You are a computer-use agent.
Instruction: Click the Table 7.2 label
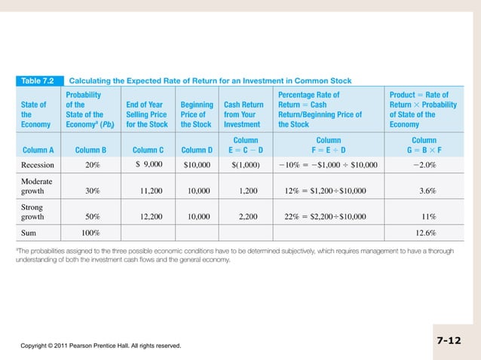click(x=38, y=80)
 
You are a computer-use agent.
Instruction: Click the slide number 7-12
click(x=449, y=340)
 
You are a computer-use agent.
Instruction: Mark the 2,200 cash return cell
click(x=248, y=216)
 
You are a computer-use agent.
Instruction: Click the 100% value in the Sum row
click(x=92, y=233)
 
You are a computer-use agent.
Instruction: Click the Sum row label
click(x=29, y=233)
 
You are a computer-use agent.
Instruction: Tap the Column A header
click(x=38, y=149)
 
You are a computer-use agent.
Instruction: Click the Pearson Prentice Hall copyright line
click(x=100, y=346)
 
